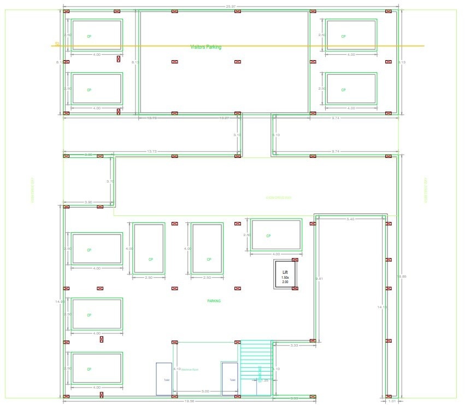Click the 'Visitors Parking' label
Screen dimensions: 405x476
click(x=205, y=47)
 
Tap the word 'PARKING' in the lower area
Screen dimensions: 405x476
click(x=214, y=301)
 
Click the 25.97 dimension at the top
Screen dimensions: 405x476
click(x=230, y=6)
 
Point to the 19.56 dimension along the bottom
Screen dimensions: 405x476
click(x=190, y=401)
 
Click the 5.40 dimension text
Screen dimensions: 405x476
click(x=350, y=219)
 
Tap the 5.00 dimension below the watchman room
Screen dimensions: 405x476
click(x=205, y=391)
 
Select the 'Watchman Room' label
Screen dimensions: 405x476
click(x=190, y=369)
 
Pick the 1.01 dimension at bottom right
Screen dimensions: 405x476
click(x=391, y=401)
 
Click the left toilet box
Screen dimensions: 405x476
click(x=164, y=379)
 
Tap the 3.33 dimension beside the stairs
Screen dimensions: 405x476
click(x=294, y=345)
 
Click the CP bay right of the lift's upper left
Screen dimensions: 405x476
click(x=276, y=235)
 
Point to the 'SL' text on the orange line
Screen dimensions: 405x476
click(x=56, y=44)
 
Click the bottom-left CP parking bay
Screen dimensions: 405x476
click(x=97, y=369)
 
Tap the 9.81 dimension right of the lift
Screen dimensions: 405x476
click(x=320, y=279)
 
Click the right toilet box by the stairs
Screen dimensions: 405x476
click(x=230, y=379)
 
